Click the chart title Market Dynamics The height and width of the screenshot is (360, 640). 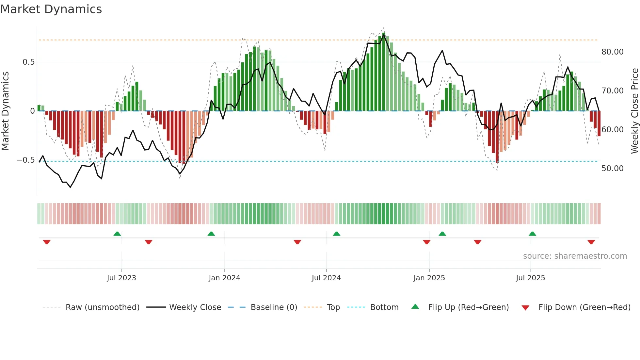pyautogui.click(x=51, y=9)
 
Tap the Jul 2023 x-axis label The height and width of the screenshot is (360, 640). pyautogui.click(x=121, y=278)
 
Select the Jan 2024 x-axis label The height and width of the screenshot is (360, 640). pyautogui.click(x=224, y=278)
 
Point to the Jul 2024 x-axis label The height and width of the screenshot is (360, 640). pyautogui.click(x=326, y=278)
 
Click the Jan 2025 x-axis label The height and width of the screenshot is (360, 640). pyautogui.click(x=429, y=278)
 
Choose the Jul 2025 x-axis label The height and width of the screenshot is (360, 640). pyautogui.click(x=531, y=278)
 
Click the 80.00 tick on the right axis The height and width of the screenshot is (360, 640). pyautogui.click(x=612, y=52)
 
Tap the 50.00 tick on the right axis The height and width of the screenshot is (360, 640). pyautogui.click(x=612, y=169)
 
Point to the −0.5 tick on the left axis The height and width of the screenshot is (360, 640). pyautogui.click(x=25, y=160)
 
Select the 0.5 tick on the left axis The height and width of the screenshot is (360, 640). pyautogui.click(x=28, y=62)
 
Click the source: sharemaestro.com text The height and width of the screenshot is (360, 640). pyautogui.click(x=575, y=256)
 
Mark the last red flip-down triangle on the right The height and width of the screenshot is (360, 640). pyautogui.click(x=591, y=242)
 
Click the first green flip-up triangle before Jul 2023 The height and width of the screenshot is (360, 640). pyautogui.click(x=117, y=234)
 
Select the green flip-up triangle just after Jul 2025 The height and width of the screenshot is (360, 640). pyautogui.click(x=532, y=234)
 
